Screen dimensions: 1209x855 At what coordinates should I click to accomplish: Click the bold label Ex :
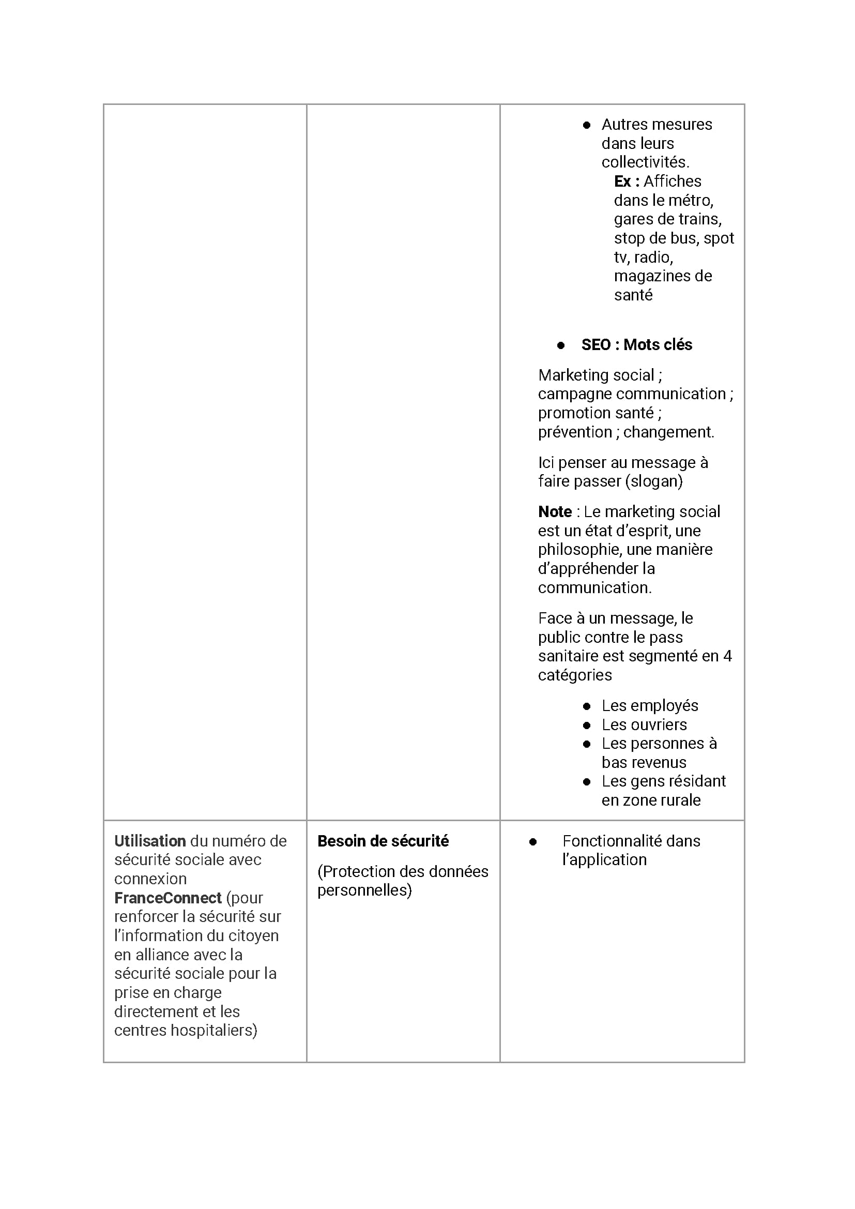[x=627, y=181]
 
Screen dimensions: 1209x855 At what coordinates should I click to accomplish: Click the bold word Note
[x=554, y=511]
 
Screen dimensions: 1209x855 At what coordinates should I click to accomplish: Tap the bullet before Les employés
[x=587, y=706]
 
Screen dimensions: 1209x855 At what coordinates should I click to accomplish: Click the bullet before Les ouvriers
[x=587, y=725]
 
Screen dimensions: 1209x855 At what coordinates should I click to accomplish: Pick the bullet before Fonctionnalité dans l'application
[x=533, y=842]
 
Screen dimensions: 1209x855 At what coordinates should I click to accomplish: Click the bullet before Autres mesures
[x=587, y=125]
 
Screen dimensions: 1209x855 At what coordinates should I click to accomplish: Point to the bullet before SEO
[x=561, y=345]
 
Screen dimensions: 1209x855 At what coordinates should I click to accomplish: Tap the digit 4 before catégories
[x=727, y=656]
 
